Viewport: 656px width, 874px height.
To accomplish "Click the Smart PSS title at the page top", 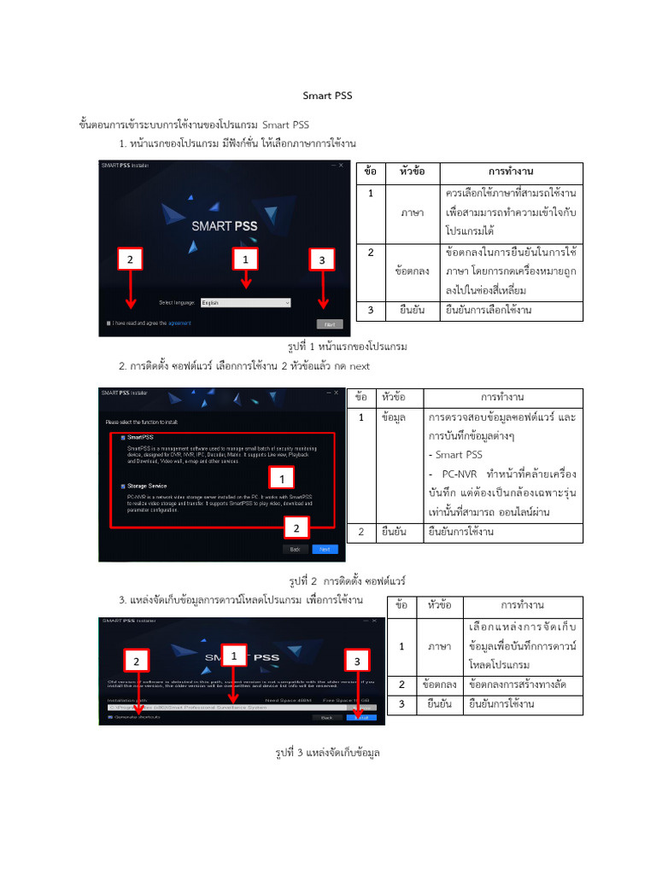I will [328, 96].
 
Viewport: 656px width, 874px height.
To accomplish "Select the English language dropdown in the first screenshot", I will [246, 302].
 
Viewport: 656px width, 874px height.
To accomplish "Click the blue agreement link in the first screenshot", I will [179, 323].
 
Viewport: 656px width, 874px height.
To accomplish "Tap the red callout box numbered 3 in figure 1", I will [322, 259].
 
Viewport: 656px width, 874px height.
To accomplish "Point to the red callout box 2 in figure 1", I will [130, 259].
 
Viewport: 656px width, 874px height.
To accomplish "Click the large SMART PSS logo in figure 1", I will [224, 226].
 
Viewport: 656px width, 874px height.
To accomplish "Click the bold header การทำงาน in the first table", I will [511, 172].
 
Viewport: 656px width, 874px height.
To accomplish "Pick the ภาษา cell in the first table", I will [412, 213].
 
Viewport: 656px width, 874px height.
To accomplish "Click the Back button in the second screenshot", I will [294, 550].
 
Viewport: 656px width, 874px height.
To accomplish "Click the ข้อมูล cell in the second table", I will [394, 417].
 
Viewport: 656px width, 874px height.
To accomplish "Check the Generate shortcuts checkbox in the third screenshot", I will [111, 718].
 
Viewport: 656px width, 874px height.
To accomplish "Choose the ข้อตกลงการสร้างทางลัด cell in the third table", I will [518, 685].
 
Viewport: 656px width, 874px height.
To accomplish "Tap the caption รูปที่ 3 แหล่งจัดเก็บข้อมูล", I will [327, 753].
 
